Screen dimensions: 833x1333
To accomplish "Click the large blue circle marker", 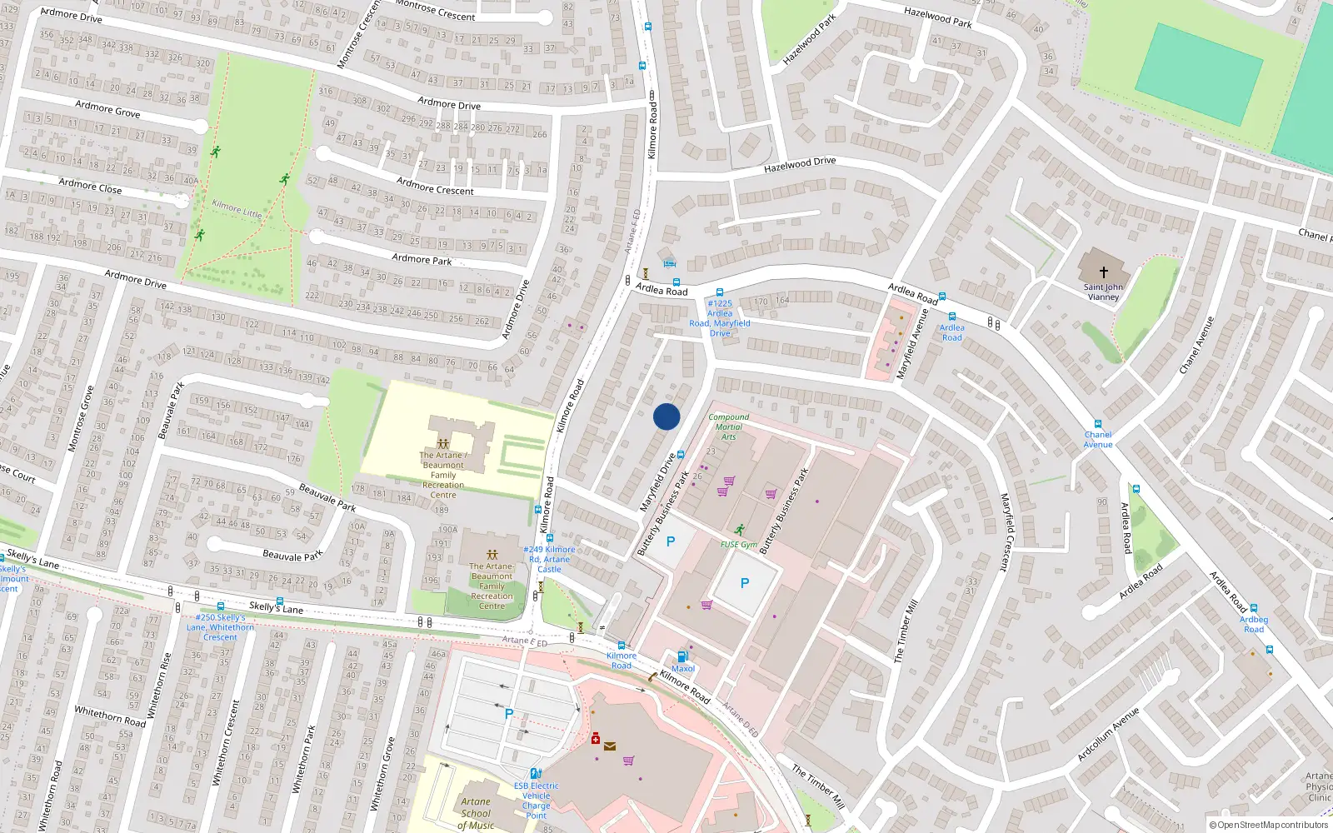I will point(666,416).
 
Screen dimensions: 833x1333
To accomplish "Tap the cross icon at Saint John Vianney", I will point(1104,272).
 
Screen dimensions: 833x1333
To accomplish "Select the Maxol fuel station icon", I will point(682,656).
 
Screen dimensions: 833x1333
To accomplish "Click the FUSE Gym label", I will point(739,545).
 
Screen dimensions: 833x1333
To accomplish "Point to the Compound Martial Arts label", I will point(728,426).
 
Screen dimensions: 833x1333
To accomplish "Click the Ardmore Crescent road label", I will point(435,186).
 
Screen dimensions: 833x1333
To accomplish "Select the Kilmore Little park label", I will point(237,208).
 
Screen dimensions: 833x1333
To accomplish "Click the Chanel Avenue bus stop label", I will point(1097,439).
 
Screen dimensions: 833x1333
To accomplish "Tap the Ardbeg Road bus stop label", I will point(1253,624).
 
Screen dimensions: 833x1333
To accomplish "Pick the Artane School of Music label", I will point(476,813).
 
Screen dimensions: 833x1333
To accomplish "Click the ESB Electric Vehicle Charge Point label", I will point(536,801).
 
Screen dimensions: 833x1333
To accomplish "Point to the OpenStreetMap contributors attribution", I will point(1269,825).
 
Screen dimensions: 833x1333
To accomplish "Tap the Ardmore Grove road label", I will point(107,108).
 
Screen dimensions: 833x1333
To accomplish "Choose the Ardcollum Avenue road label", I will point(1107,734).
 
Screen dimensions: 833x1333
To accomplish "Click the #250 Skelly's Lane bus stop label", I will point(220,627).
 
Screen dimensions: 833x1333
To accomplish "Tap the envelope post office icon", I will point(610,746).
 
